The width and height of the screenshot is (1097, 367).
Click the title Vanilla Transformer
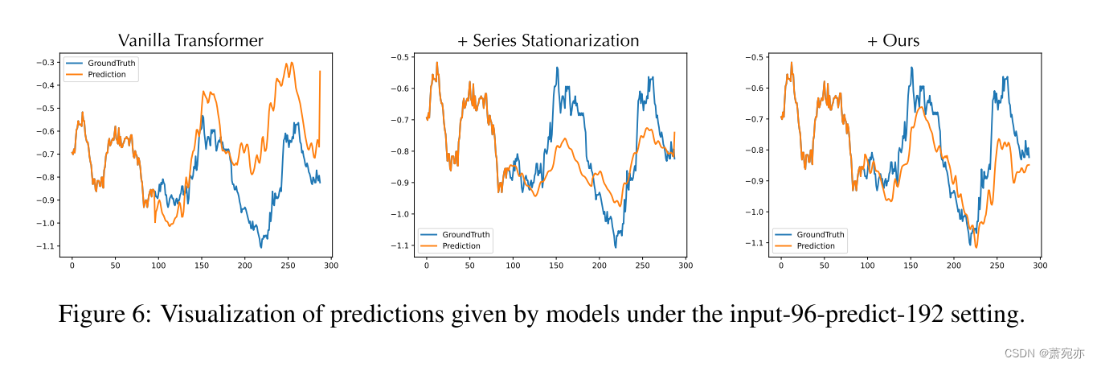point(190,39)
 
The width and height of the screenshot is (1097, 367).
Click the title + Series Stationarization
point(548,40)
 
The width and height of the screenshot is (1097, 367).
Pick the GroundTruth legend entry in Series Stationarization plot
point(466,234)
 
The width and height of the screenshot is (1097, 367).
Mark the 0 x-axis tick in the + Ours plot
point(781,265)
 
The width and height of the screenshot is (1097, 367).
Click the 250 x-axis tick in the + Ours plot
point(997,265)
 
